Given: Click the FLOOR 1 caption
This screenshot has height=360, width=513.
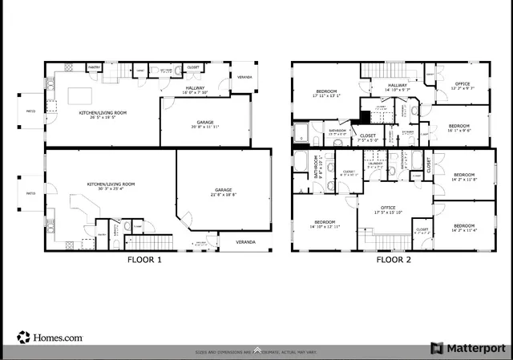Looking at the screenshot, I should [144, 260].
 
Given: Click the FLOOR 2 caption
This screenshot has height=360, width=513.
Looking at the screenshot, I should [394, 260].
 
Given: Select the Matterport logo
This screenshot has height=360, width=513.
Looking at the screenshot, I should [469, 348].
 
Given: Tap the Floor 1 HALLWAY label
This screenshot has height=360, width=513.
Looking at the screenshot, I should [196, 90].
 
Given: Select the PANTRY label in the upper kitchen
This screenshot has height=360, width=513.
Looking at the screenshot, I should [93, 67].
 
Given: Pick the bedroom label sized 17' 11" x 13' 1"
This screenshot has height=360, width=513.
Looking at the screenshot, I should [326, 93].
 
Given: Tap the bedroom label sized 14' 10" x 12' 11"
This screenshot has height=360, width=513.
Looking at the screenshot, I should [325, 224].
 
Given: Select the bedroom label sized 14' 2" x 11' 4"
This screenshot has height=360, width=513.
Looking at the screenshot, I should [464, 229].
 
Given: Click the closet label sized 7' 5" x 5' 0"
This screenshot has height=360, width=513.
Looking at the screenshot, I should [368, 138].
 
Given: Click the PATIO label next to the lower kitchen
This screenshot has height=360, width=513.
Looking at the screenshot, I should [30, 193].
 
